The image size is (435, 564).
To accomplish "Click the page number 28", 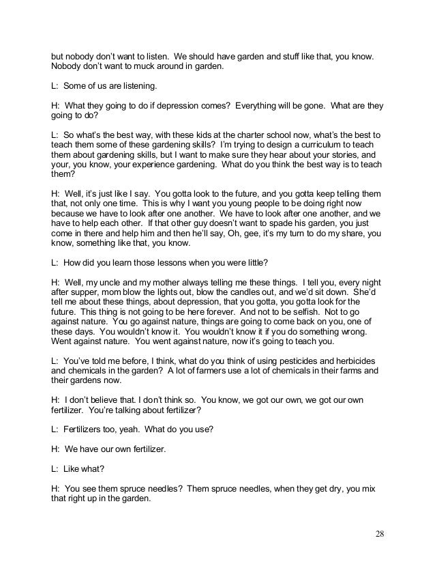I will tap(381, 533).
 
